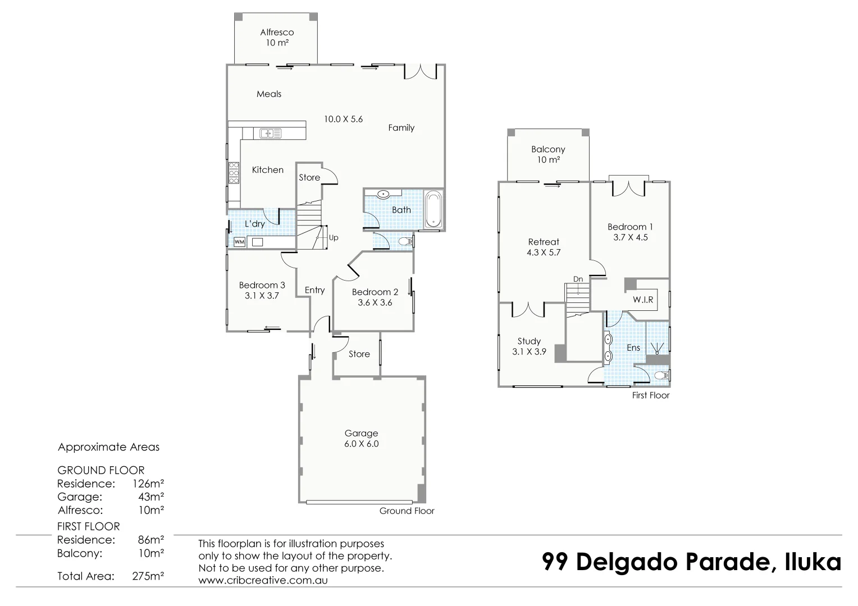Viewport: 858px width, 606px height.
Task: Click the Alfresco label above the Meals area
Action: tap(277, 33)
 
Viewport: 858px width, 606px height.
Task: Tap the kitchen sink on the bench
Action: tap(271, 134)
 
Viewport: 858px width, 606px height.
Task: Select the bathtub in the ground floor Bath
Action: tap(433, 210)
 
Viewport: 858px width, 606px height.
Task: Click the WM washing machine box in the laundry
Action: tap(239, 242)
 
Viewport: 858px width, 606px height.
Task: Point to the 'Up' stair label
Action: tap(334, 238)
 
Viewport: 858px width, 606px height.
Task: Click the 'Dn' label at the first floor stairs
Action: tap(578, 279)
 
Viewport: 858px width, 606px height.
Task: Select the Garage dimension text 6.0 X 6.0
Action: tap(361, 444)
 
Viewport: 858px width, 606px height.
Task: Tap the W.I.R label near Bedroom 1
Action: tap(643, 300)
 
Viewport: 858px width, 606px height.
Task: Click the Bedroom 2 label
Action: tap(375, 292)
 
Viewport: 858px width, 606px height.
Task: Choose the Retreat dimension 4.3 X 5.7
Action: tap(544, 252)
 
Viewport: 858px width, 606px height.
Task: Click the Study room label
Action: tap(529, 341)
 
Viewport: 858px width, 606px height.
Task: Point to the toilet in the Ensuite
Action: tap(661, 375)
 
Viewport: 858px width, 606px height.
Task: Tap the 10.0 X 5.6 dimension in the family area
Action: tap(343, 119)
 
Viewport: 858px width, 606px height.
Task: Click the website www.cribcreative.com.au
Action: tap(263, 580)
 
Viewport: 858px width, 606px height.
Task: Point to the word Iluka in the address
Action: tap(813, 562)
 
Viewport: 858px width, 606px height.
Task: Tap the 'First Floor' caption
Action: tap(651, 395)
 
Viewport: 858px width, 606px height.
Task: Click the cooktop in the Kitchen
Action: tap(234, 172)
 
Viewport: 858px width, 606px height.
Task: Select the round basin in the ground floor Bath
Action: tap(383, 195)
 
